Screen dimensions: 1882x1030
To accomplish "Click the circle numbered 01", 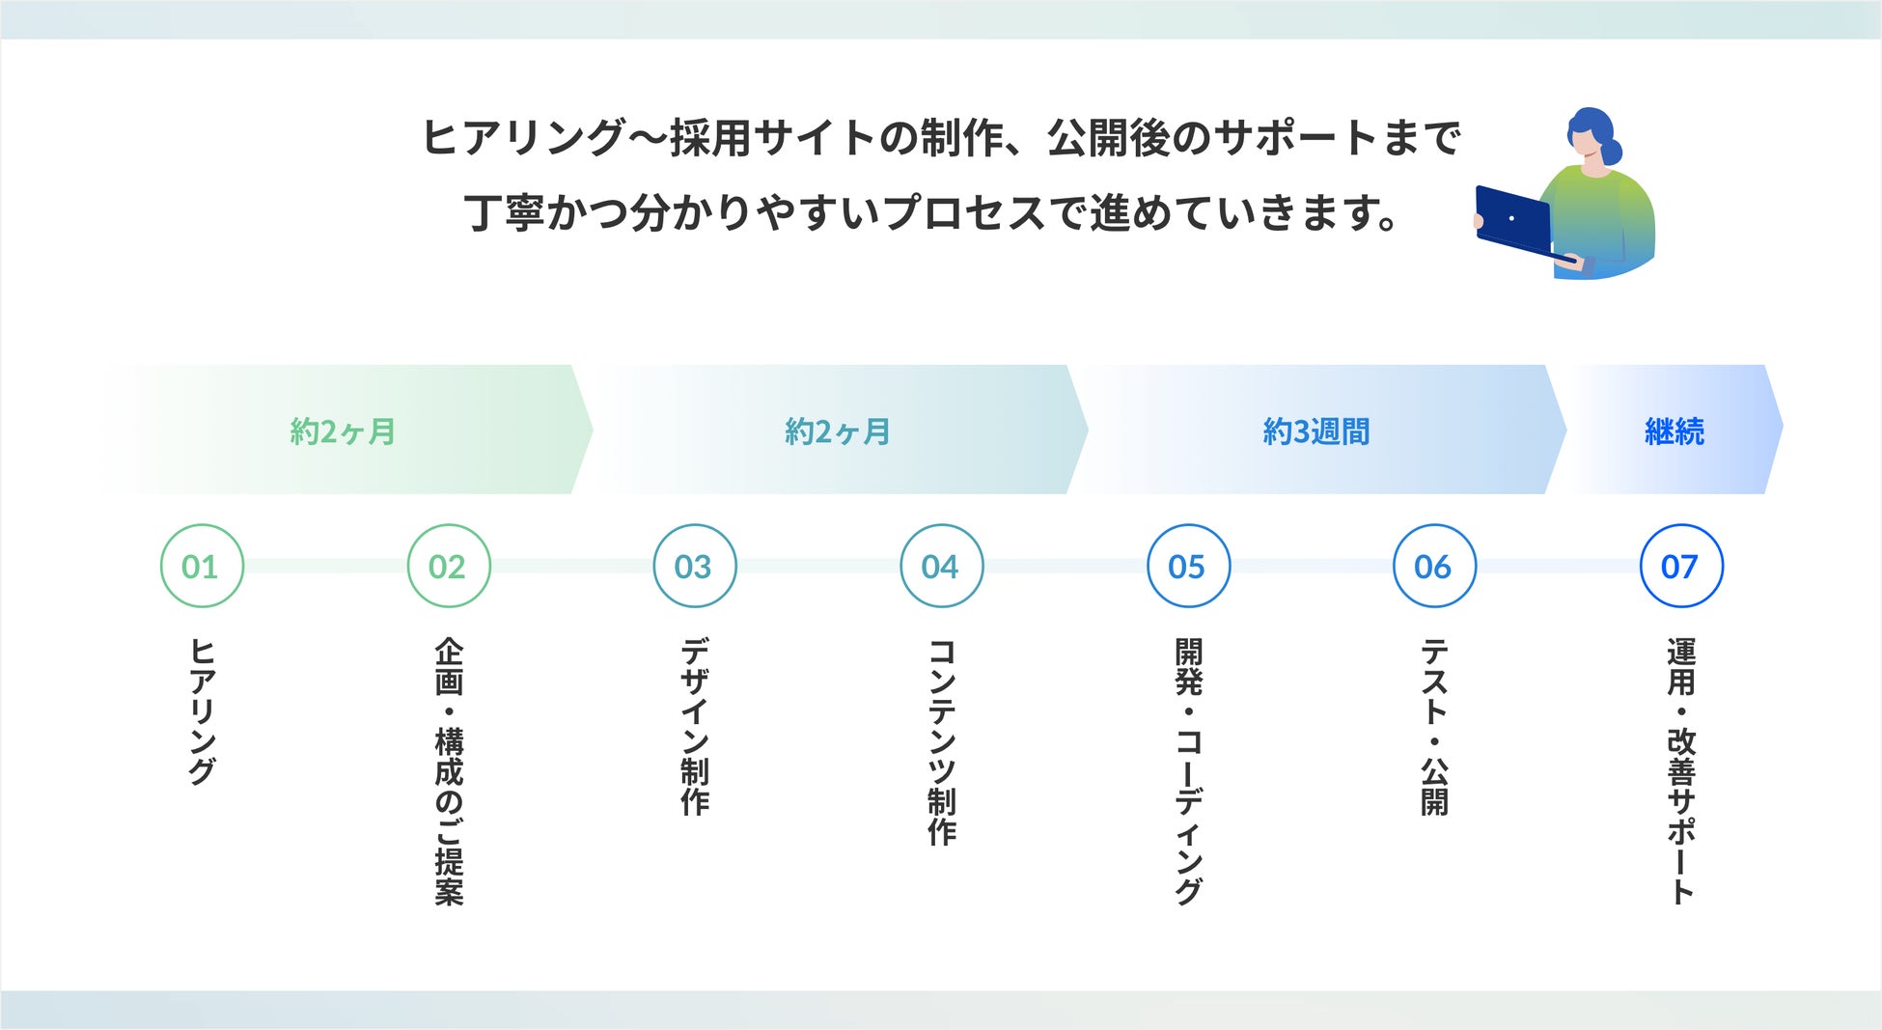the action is click(202, 567).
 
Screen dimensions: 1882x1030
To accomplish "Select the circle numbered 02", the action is click(449, 567).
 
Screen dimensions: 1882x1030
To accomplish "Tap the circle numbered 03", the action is click(695, 567).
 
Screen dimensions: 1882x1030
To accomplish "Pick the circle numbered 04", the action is click(941, 567).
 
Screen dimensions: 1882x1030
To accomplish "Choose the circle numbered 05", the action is click(1188, 567).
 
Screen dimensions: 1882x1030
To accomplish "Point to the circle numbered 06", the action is click(1434, 567).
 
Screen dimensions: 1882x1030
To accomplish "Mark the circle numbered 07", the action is click(1681, 567).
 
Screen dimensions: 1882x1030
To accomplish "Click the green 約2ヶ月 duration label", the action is click(344, 431).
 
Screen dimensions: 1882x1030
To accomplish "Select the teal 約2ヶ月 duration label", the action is click(838, 431).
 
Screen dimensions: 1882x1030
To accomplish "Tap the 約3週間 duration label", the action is click(1316, 431).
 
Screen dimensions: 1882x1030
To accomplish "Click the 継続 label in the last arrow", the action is click(1674, 431).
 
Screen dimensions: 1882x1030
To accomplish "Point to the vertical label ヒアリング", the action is click(202, 711).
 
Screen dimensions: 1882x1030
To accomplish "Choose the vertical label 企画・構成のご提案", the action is click(449, 771).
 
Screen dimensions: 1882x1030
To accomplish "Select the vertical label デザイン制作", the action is click(695, 727).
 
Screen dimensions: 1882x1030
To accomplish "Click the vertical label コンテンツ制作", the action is click(941, 741).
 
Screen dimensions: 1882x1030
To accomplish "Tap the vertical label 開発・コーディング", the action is click(1188, 771).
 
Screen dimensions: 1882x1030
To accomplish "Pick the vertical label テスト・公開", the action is click(1434, 727).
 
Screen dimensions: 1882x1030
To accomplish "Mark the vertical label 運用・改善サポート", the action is click(1681, 771).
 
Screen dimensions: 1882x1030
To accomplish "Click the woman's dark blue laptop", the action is click(1513, 221).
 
